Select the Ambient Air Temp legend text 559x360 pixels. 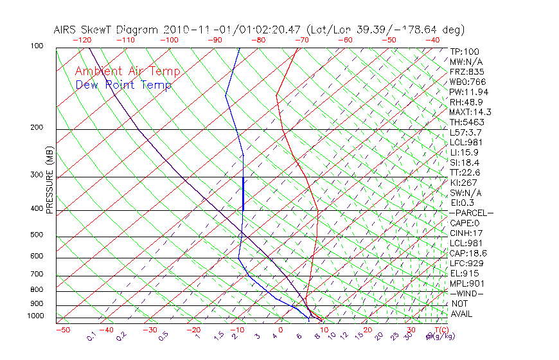click(x=127, y=72)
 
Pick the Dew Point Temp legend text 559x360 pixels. click(x=123, y=85)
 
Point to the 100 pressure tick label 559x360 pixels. click(x=37, y=46)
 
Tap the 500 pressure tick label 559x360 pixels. click(x=37, y=235)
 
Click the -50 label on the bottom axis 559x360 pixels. click(x=62, y=330)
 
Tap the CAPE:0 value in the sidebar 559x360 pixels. click(x=465, y=223)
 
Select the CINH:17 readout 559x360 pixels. click(x=466, y=233)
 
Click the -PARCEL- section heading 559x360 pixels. click(x=471, y=213)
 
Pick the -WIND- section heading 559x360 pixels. click(x=467, y=293)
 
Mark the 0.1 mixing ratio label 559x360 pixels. click(x=91, y=336)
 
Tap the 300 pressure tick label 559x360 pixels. click(x=37, y=175)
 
